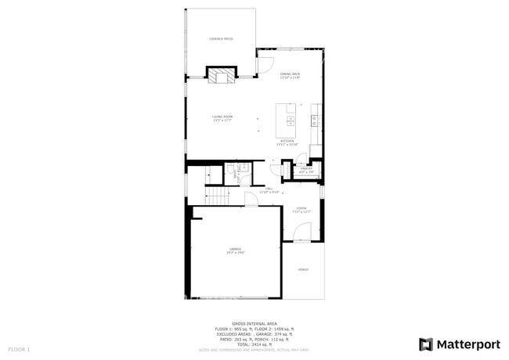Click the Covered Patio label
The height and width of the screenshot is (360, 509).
[x=221, y=38]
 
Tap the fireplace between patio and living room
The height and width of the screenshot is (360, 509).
[x=221, y=75]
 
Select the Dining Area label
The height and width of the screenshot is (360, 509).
[x=291, y=75]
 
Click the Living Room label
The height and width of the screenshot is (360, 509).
[x=222, y=118]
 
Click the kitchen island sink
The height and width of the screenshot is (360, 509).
[x=291, y=121]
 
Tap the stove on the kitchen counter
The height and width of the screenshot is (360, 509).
[x=315, y=121]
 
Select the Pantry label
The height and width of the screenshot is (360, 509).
[x=307, y=170]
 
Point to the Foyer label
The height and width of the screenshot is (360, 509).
[x=301, y=209]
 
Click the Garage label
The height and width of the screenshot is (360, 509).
[x=236, y=250]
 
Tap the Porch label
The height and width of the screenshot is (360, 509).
[x=303, y=269]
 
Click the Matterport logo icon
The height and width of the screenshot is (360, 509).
[x=427, y=344]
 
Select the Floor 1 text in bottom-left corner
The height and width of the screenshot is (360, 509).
[x=19, y=348]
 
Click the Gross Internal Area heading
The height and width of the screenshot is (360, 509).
[x=254, y=322]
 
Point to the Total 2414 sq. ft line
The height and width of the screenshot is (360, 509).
[x=254, y=344]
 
